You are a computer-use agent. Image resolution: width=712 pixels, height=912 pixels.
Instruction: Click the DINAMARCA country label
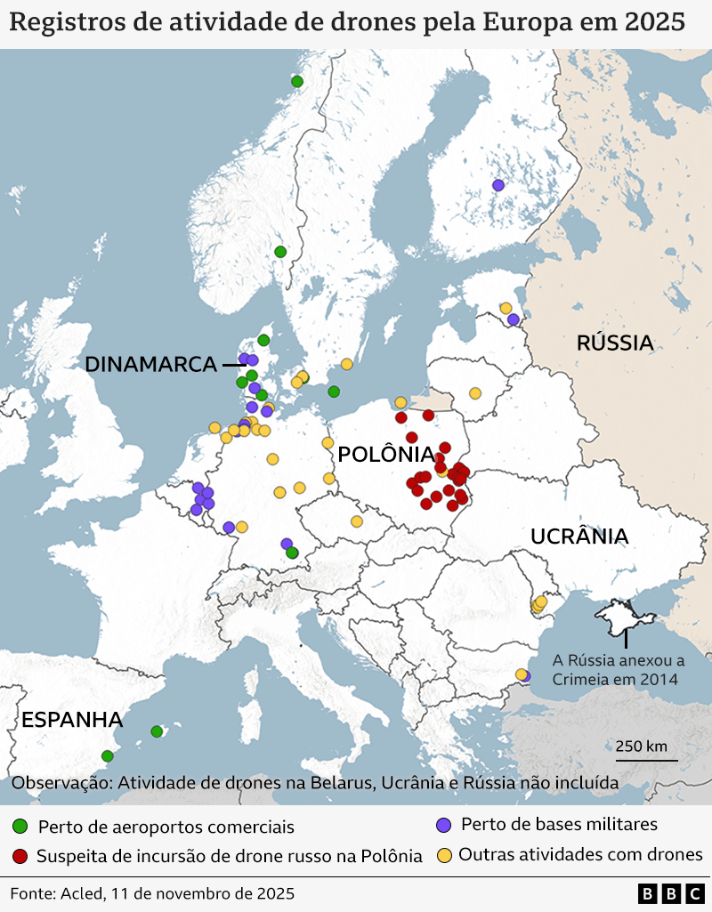click(150, 364)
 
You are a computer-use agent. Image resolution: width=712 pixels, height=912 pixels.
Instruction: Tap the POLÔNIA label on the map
click(385, 454)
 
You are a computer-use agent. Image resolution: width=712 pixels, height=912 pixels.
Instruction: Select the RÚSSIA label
click(614, 343)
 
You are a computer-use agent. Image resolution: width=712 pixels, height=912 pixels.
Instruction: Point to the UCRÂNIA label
click(579, 537)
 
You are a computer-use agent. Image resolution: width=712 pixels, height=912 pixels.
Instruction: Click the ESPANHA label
click(72, 720)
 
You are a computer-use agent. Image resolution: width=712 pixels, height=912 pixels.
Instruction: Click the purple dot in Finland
click(498, 185)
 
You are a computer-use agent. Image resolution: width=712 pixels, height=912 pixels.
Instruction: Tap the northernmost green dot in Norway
click(297, 81)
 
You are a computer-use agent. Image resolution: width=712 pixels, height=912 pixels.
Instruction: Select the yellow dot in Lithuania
click(475, 393)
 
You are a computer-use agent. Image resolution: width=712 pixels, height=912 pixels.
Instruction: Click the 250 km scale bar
click(646, 759)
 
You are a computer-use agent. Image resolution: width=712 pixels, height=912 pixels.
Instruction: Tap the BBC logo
click(669, 893)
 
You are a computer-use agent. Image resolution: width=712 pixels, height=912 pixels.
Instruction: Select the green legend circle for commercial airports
click(20, 827)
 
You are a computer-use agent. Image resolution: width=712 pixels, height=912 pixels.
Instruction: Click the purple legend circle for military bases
click(443, 825)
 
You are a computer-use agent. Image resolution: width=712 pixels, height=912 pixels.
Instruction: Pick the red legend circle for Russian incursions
click(20, 856)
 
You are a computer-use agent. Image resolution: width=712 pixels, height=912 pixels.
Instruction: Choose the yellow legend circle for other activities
click(443, 855)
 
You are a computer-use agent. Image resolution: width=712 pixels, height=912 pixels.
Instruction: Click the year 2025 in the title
click(654, 23)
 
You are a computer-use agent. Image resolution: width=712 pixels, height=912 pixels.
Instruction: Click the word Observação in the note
click(61, 783)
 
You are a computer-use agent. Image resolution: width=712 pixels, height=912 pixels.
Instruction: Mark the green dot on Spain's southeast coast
click(108, 756)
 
